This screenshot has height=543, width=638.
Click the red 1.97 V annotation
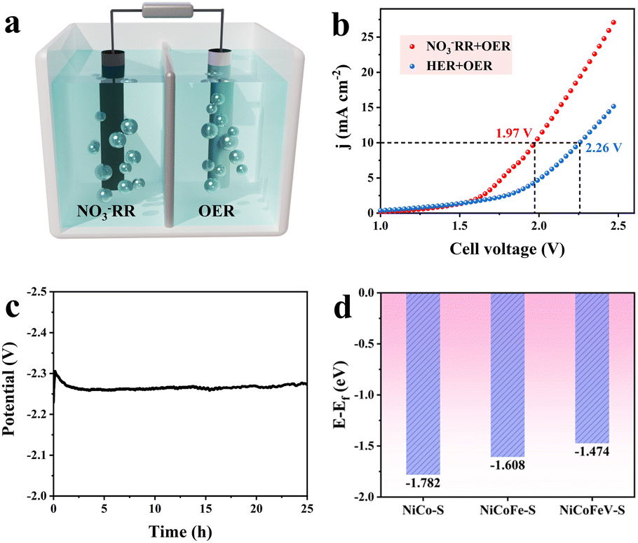[x=510, y=132]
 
